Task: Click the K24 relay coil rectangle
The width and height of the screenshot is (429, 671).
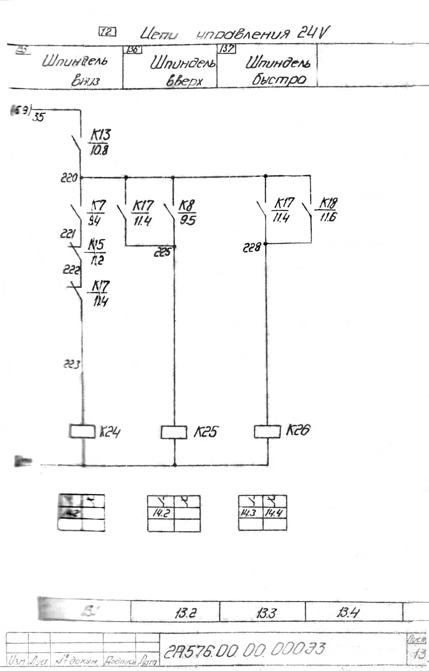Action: click(x=82, y=431)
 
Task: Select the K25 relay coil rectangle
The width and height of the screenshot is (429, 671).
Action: click(x=174, y=432)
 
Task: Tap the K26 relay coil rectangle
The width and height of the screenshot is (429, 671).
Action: click(x=267, y=431)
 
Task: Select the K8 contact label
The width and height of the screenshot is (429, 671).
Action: click(x=186, y=206)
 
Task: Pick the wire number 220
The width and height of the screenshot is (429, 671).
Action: click(x=69, y=177)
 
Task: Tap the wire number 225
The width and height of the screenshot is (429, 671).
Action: click(x=162, y=252)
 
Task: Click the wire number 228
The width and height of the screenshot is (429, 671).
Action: click(x=252, y=248)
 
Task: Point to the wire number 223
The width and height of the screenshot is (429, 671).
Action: click(x=71, y=364)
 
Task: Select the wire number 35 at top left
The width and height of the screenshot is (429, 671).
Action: click(x=38, y=117)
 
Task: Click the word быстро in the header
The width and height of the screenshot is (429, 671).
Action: click(x=279, y=79)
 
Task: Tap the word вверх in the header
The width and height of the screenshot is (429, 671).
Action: click(x=184, y=81)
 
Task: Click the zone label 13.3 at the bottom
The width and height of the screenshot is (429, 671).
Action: click(x=266, y=613)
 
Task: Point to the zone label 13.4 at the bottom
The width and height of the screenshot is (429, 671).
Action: click(x=348, y=613)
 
